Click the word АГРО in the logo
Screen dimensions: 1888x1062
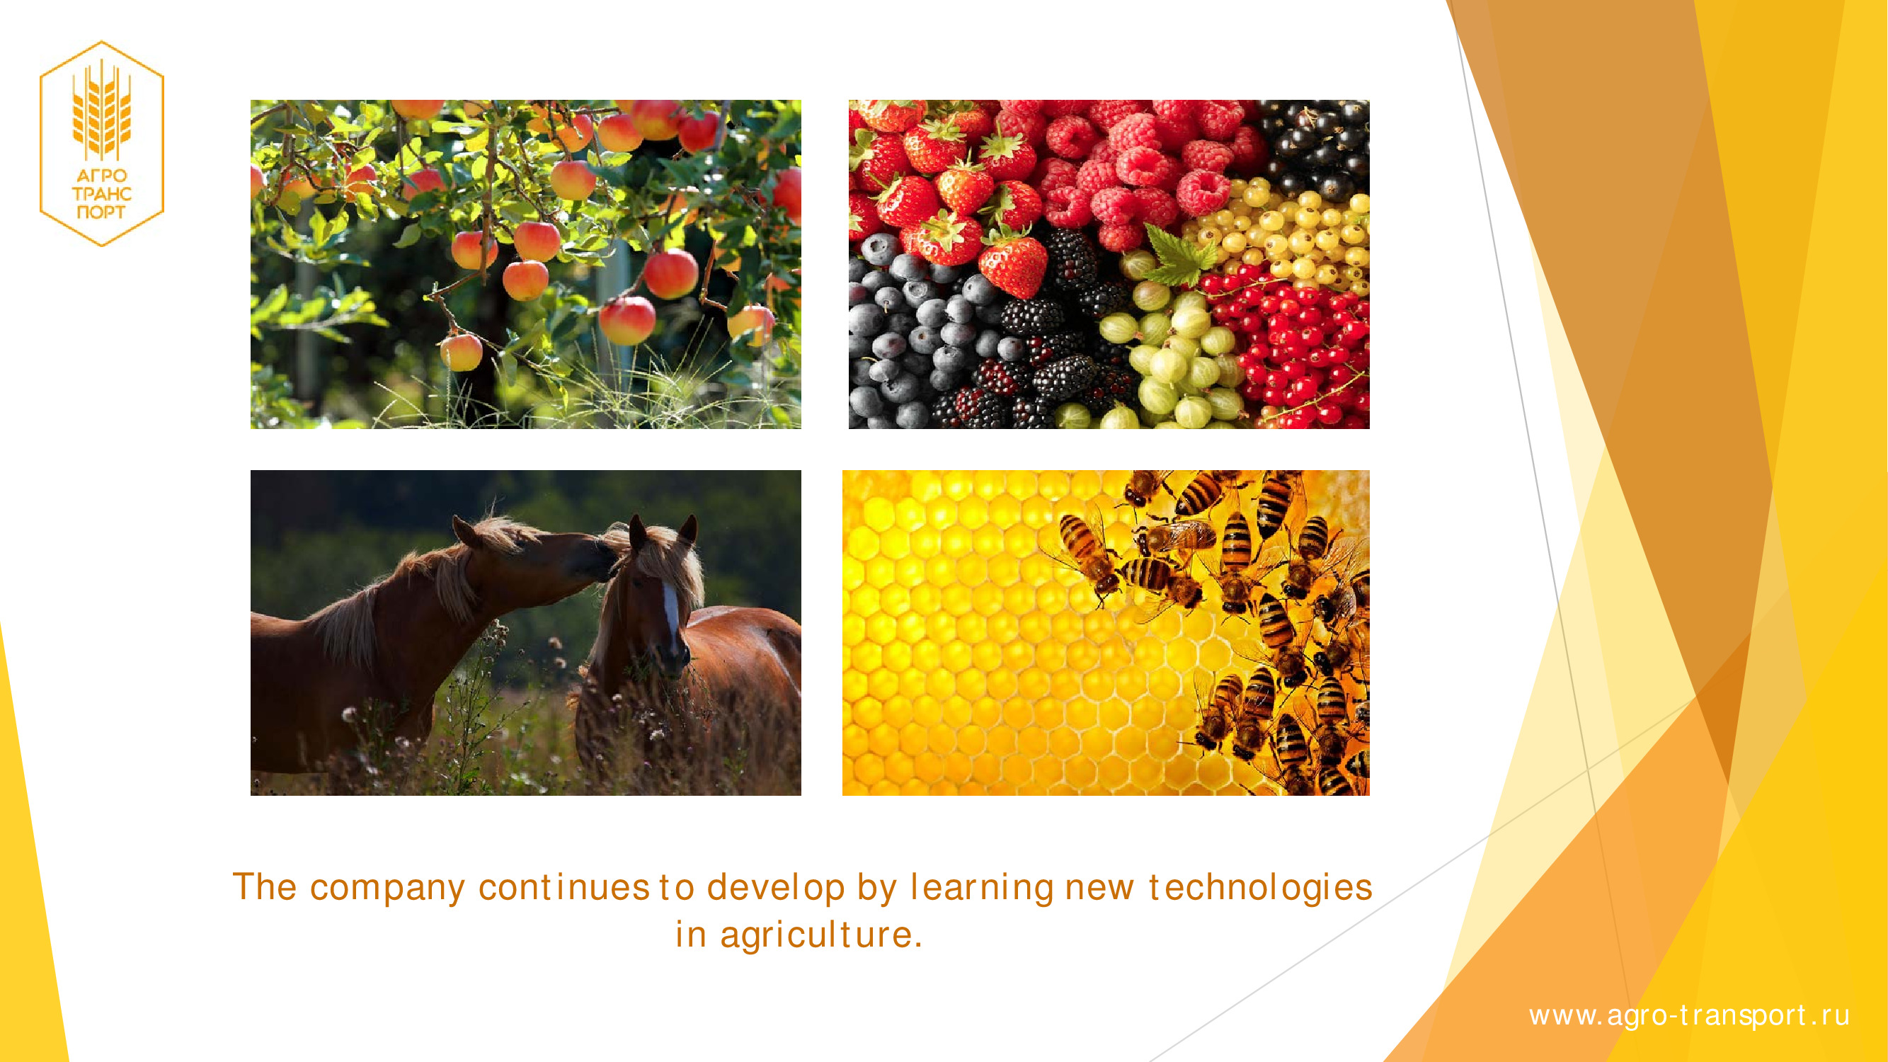(102, 176)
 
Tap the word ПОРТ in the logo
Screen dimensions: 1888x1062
(101, 212)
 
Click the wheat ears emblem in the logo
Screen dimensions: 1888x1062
(102, 110)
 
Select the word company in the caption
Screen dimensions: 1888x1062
(388, 889)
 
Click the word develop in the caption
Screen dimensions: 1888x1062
(776, 888)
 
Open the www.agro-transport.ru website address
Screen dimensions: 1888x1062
(1688, 1016)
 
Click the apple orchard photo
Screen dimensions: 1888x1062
(525, 264)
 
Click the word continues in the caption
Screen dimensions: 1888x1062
(563, 888)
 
